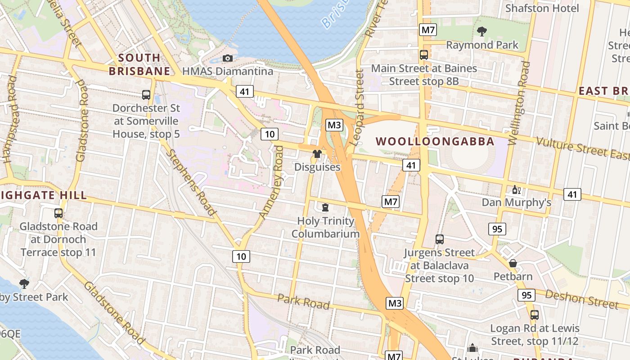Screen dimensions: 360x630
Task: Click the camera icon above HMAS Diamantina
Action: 228,58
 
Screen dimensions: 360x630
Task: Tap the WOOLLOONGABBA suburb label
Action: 435,141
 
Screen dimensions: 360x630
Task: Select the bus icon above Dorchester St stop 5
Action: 146,95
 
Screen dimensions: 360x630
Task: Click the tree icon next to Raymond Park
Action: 482,31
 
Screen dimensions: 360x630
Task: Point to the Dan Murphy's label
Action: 516,202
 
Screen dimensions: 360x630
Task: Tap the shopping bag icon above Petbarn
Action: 513,263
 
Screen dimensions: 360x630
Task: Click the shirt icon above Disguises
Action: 317,154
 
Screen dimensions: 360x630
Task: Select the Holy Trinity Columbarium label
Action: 325,227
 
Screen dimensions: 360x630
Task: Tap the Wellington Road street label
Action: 519,103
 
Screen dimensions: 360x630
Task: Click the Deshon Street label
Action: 582,299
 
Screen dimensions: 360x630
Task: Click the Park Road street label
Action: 303,301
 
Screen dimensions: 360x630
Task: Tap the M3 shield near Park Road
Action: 394,303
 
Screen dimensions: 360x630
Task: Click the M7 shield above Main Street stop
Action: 428,30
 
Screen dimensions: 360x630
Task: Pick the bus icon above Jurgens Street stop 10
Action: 440,239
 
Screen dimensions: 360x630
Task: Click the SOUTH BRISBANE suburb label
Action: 139,64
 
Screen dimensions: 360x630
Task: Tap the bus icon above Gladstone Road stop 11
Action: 58,213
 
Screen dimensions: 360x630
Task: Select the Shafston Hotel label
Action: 542,8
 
